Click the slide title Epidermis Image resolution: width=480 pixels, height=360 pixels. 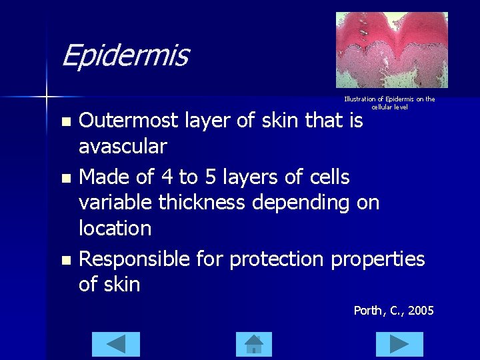coord(125,56)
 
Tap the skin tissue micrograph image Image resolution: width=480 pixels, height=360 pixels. coord(391,50)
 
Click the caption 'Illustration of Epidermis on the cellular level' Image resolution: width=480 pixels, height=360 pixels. coord(389,103)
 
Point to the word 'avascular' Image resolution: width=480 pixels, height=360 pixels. coord(123,146)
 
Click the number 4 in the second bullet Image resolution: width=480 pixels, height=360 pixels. coord(169,177)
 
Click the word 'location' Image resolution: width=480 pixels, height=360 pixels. coord(115,228)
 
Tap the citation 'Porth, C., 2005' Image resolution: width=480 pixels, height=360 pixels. coord(393,311)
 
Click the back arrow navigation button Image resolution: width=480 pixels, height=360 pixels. coord(115,344)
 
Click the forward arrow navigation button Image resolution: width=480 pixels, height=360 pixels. coord(399,344)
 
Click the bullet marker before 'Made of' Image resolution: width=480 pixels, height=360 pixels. coord(65,178)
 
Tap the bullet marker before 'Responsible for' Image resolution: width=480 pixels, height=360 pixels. coord(65,260)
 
